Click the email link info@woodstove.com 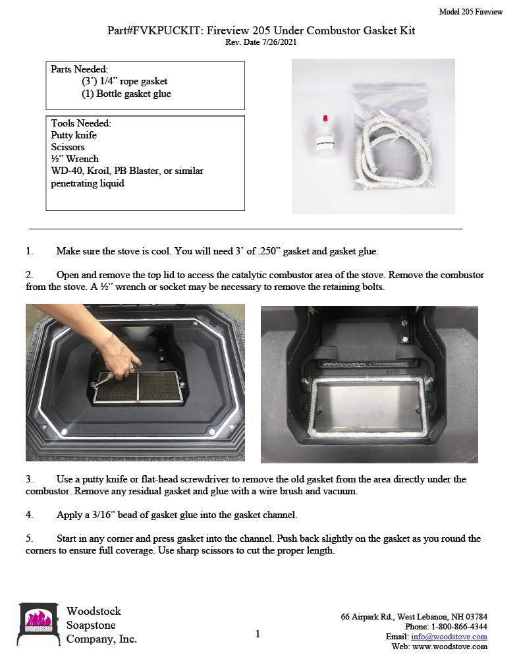point(449,637)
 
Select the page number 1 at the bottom point(258,634)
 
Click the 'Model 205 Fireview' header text point(470,12)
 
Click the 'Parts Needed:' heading point(80,69)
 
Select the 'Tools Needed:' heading point(81,123)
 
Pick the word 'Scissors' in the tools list point(68,147)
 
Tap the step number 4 point(29,513)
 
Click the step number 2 point(29,275)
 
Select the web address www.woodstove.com point(450,647)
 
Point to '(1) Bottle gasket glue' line point(126,94)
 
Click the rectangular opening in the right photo point(369,412)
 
